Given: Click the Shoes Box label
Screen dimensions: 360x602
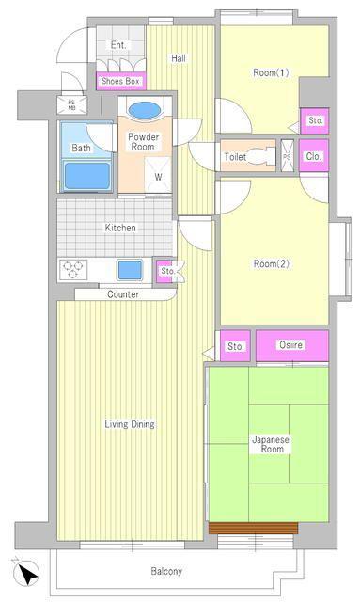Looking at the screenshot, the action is (120, 82).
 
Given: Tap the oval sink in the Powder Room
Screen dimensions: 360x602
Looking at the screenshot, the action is (145, 111).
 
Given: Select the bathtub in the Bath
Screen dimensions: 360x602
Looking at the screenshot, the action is (87, 176).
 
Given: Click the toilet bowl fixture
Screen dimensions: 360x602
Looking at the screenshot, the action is (261, 156).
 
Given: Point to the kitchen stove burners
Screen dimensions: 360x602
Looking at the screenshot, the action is (73, 269).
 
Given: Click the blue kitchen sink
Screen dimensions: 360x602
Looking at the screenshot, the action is (130, 270).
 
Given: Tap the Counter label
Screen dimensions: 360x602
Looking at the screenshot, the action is (123, 294).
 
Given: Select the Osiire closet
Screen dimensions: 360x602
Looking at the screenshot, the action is (292, 345).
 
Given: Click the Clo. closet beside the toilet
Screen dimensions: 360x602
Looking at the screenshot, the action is (314, 155).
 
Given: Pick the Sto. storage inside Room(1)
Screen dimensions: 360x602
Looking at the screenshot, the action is (314, 121).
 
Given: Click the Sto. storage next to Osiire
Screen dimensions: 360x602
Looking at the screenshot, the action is (235, 345).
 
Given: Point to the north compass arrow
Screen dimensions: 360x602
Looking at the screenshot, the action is (26, 573).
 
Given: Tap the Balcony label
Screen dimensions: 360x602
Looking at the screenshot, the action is (166, 571).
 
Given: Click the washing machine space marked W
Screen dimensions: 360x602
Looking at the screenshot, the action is (158, 175).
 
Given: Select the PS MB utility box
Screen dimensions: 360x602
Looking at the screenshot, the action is (71, 104).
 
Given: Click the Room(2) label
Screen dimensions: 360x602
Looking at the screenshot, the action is (272, 263).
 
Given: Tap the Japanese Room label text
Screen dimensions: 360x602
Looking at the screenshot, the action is (270, 444).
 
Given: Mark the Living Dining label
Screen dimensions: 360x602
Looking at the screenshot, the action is (130, 424).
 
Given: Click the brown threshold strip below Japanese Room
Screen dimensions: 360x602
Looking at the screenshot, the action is (253, 528).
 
